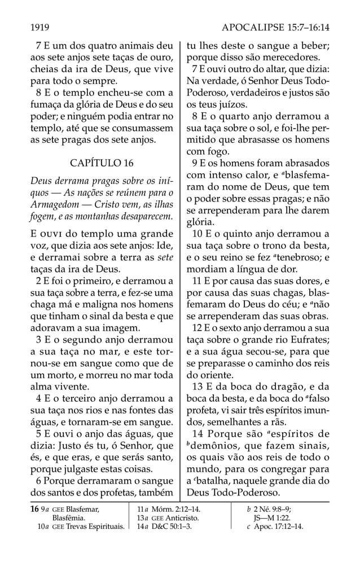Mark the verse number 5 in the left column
38,435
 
